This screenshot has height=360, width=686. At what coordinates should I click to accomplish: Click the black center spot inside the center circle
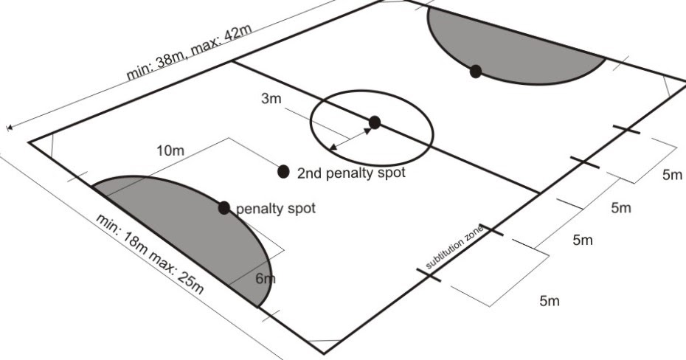(x=374, y=122)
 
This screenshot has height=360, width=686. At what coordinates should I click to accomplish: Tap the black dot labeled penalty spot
(x=224, y=207)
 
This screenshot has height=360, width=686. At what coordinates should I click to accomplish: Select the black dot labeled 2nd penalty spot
(x=283, y=172)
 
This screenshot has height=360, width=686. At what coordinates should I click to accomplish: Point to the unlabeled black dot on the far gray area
(x=476, y=71)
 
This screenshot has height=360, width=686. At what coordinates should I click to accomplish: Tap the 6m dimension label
(x=265, y=279)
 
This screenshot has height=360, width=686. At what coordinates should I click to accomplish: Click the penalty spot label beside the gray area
(x=275, y=209)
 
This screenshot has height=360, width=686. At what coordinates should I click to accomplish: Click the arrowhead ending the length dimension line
(x=10, y=128)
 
